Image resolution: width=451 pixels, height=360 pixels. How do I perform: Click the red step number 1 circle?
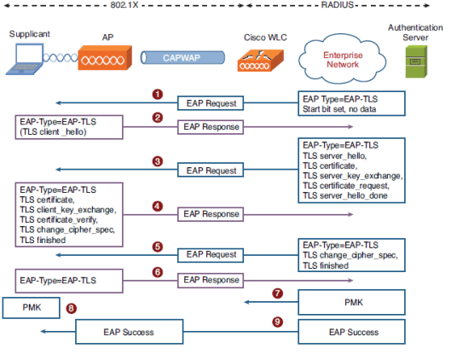(156, 93)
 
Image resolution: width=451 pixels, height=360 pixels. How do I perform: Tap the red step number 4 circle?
(156, 206)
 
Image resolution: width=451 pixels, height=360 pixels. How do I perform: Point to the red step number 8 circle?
(71, 308)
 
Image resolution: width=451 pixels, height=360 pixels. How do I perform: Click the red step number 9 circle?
(277, 322)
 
